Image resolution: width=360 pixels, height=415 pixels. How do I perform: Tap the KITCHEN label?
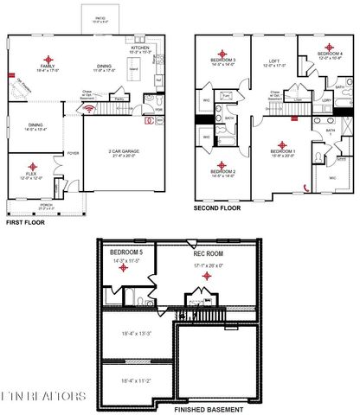click(x=140, y=48)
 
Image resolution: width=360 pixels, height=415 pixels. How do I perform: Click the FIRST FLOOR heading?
click(x=25, y=222)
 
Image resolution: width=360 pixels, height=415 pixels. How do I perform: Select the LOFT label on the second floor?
click(x=274, y=61)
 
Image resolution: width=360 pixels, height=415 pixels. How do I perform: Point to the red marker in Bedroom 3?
click(x=222, y=52)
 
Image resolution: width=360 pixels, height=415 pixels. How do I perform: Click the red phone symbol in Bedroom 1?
click(x=304, y=188)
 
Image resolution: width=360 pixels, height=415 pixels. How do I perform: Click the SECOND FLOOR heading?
click(x=217, y=209)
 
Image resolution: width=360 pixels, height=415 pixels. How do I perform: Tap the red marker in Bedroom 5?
click(x=124, y=267)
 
